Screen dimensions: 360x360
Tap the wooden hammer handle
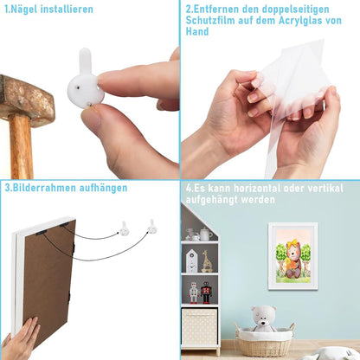pyautogui.click(x=22, y=146)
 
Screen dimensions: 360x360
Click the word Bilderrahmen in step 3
pyautogui.click(x=44, y=188)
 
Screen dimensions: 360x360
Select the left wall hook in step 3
pyautogui.click(x=124, y=228)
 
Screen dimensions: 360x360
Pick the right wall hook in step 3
pyautogui.click(x=152, y=227)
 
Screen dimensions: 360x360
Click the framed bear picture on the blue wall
pyautogui.click(x=293, y=256)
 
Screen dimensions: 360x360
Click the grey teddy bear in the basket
pyautogui.click(x=264, y=318)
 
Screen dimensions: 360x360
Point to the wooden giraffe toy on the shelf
pyautogui.click(x=207, y=261)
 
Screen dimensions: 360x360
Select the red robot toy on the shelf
pyautogui.click(x=206, y=292)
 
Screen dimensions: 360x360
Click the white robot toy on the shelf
pyautogui.click(x=194, y=292)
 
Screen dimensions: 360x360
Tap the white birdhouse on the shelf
pyautogui.click(x=191, y=261)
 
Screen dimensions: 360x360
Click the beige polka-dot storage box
pyautogui.click(x=199, y=327)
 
